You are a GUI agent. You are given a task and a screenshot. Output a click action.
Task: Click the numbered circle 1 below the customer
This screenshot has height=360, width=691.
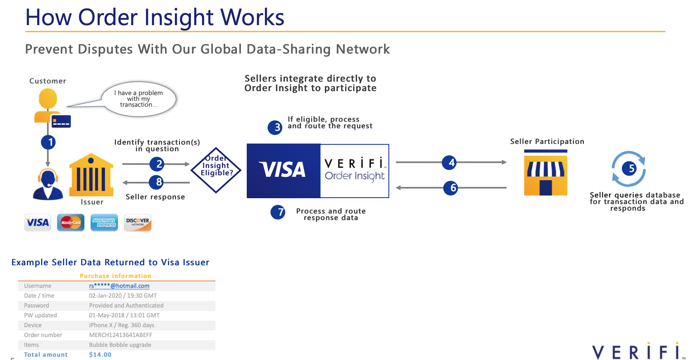[x=48, y=142]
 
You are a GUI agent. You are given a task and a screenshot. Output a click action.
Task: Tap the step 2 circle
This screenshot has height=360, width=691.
[x=157, y=164]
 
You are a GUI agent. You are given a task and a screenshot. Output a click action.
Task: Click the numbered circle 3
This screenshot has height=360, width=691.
[x=275, y=128]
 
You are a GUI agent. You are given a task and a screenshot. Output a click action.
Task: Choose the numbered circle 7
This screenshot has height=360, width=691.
[x=278, y=212]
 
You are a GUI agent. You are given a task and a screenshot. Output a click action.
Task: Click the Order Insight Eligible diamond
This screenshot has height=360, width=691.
[x=216, y=170]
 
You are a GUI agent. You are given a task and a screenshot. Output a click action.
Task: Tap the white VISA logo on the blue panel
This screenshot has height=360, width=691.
[x=282, y=170]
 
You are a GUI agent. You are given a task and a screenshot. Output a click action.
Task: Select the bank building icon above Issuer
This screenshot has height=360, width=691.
[x=91, y=175]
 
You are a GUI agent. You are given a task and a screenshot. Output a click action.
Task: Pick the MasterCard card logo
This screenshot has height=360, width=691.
[x=71, y=222]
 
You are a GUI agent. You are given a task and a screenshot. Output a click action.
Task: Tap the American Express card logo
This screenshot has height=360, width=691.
[x=104, y=222]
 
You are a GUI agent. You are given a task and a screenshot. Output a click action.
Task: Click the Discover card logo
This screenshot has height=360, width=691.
[x=137, y=222]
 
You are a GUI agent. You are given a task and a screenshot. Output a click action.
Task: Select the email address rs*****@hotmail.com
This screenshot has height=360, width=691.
[x=119, y=286]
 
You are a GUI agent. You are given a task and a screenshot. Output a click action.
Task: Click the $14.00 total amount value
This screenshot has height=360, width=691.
[x=100, y=355]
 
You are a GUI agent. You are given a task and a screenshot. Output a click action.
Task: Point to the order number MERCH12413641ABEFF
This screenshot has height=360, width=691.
[x=121, y=335]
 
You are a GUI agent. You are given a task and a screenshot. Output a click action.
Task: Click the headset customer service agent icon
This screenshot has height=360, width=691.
[x=48, y=184]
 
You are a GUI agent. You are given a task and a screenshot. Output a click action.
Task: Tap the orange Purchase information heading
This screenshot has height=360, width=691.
[x=116, y=276]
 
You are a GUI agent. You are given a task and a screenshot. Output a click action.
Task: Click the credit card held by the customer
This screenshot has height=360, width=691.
[x=61, y=121]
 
